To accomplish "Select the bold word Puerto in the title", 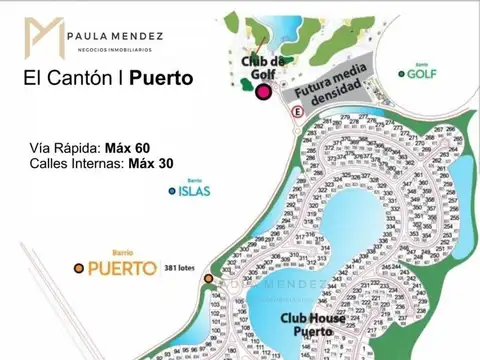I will (161, 78).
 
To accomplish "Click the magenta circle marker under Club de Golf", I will (263, 92).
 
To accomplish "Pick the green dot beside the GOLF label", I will (401, 73).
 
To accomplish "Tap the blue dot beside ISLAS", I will (172, 191).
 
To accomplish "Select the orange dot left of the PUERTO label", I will (78, 268).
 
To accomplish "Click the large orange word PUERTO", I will (121, 268).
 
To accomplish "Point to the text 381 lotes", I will (181, 268).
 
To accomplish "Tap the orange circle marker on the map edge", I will (208, 278).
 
